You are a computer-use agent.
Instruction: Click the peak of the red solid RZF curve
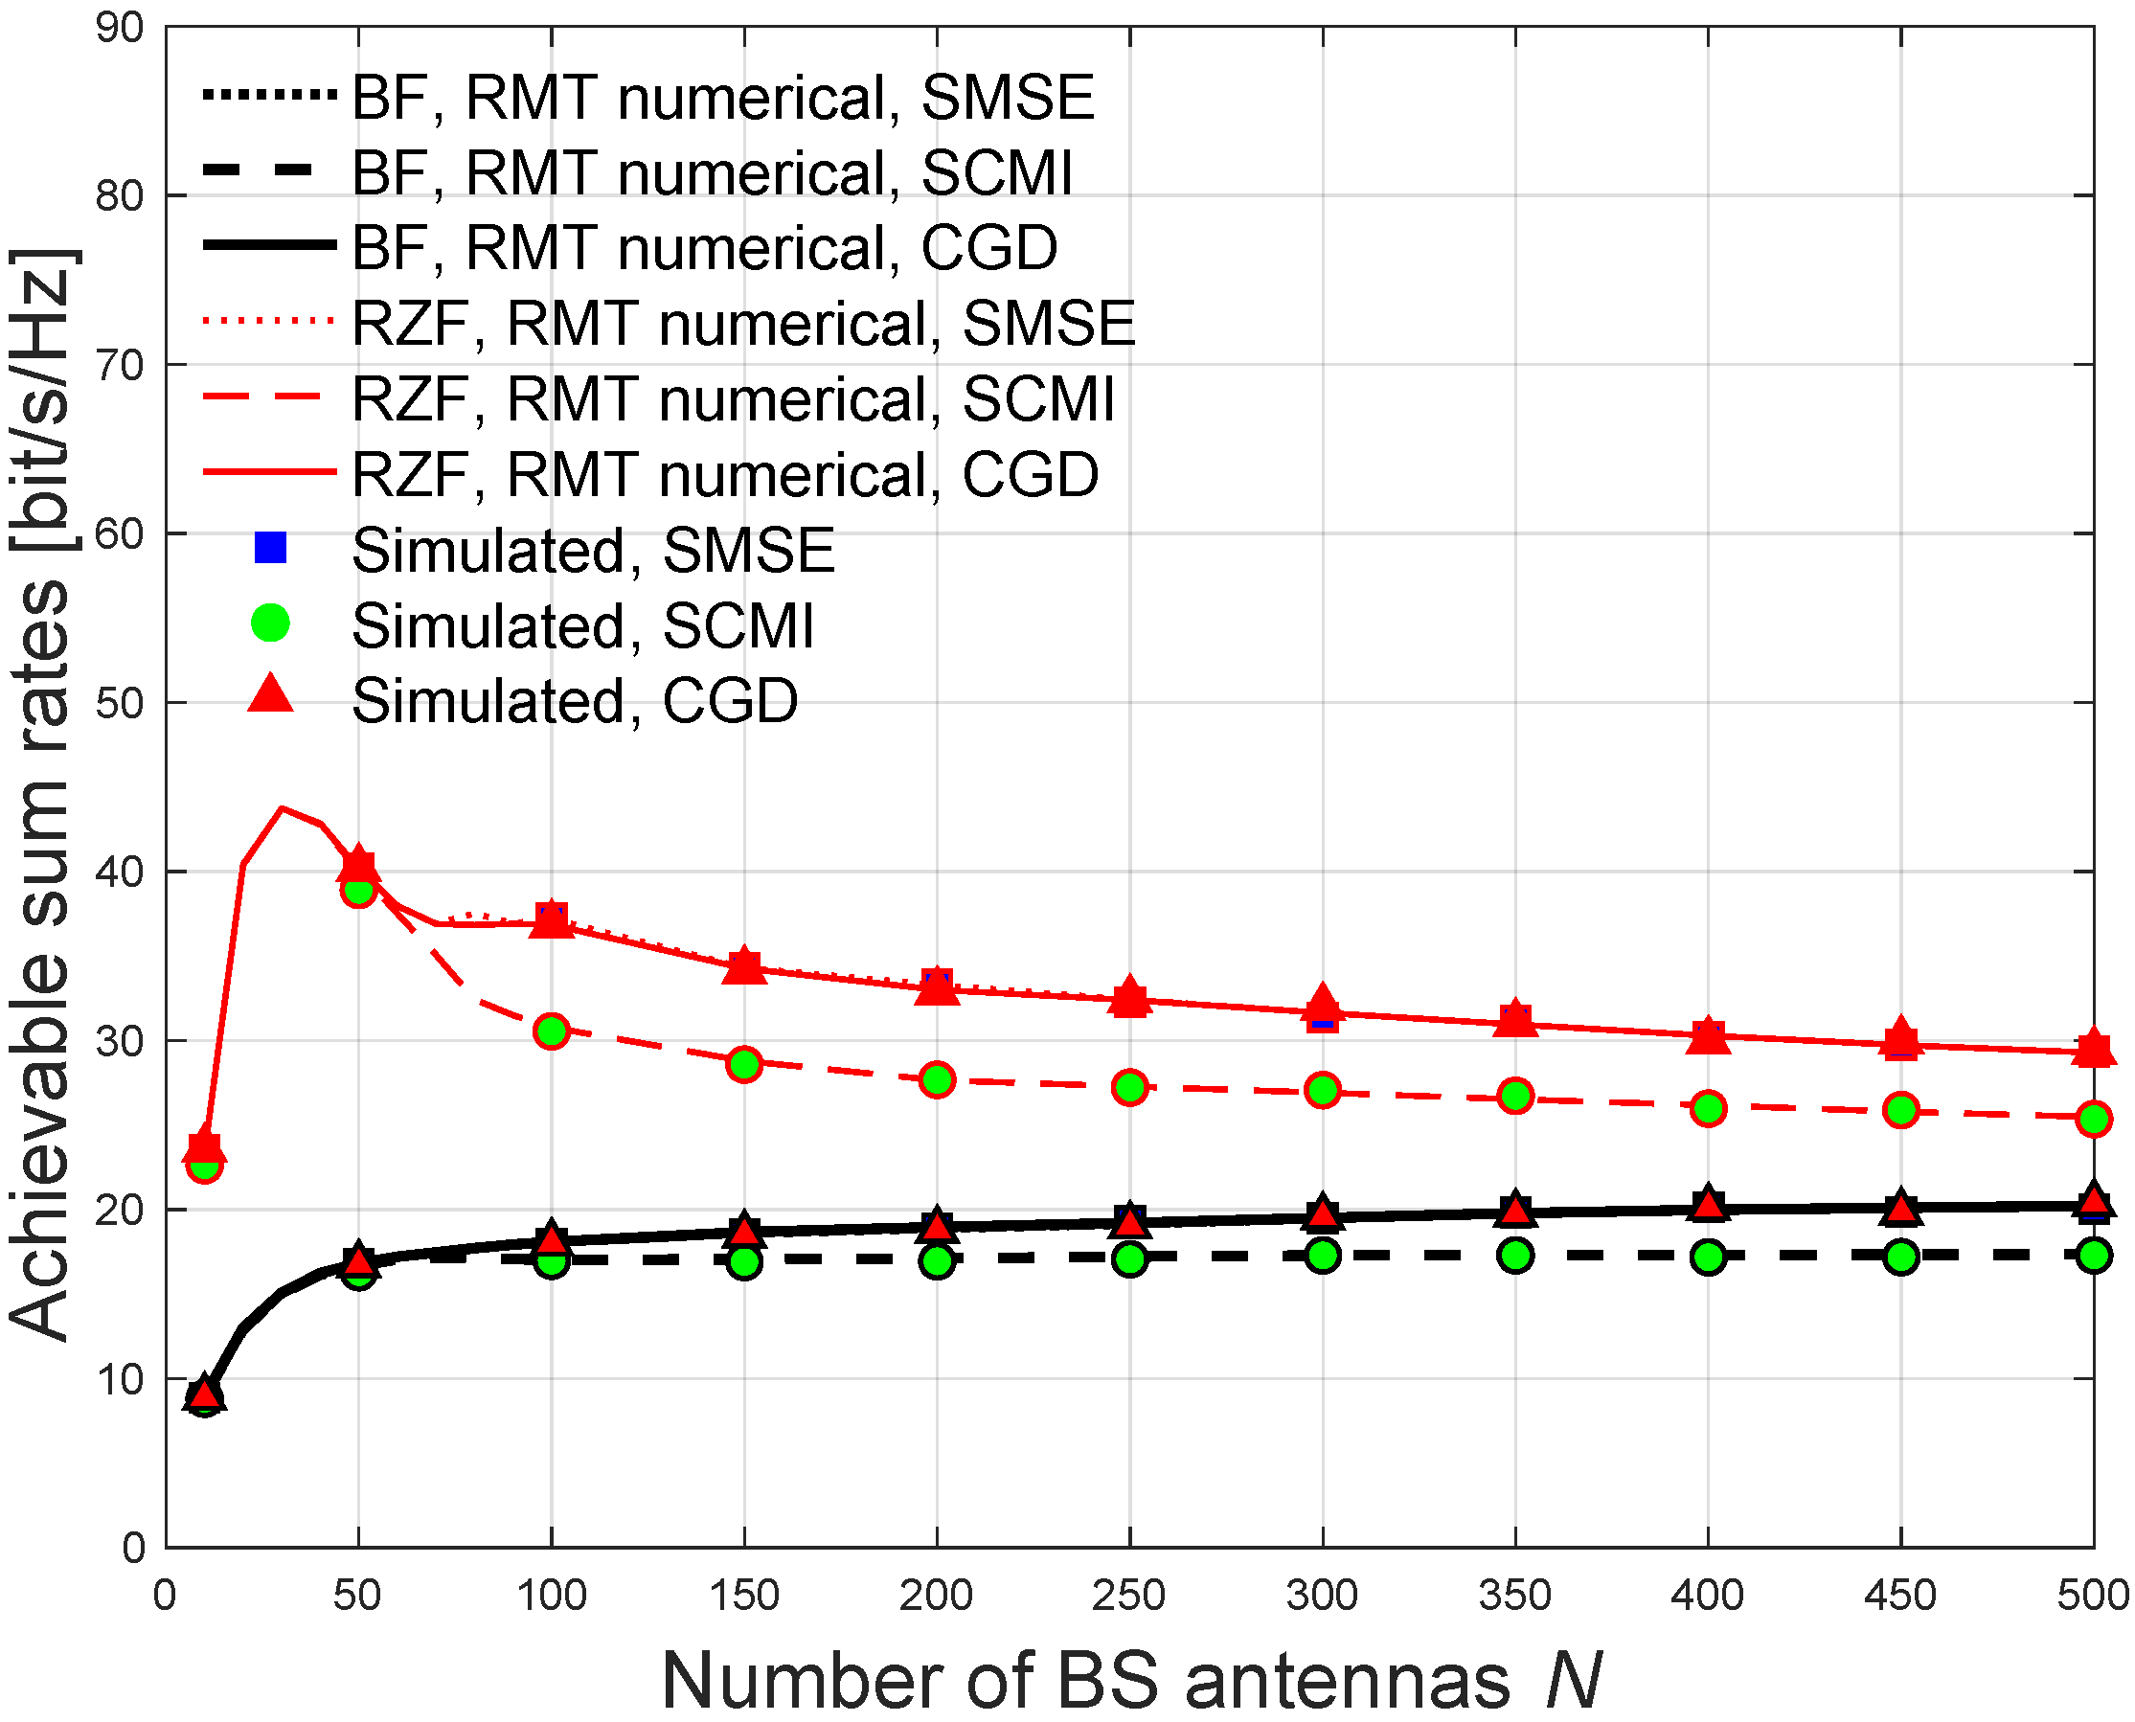pyautogui.click(x=283, y=808)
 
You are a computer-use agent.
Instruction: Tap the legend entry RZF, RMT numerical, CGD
pyautogui.click(x=725, y=475)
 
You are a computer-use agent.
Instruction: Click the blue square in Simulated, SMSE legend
pyautogui.click(x=270, y=548)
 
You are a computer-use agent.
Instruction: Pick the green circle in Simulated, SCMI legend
pyautogui.click(x=270, y=623)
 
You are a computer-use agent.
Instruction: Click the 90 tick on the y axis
pyautogui.click(x=120, y=28)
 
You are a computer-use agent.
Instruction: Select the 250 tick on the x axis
pyautogui.click(x=1129, y=1596)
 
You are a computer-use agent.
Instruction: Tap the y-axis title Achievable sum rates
pyautogui.click(x=42, y=794)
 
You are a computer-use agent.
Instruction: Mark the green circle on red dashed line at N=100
pyautogui.click(x=552, y=1031)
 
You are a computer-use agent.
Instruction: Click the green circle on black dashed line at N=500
pyautogui.click(x=2093, y=1255)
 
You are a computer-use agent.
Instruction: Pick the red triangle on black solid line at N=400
pyautogui.click(x=1708, y=1205)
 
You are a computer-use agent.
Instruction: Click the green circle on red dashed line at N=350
pyautogui.click(x=1515, y=1096)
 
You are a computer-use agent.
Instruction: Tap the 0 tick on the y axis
pyautogui.click(x=133, y=1549)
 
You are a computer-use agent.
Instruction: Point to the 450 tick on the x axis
pyautogui.click(x=1900, y=1596)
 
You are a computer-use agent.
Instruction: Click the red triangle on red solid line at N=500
pyautogui.click(x=2093, y=1049)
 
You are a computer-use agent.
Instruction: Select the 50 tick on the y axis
pyautogui.click(x=120, y=703)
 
